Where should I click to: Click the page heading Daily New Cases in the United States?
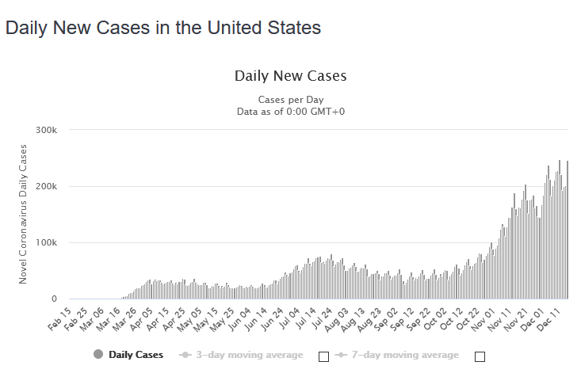(x=162, y=28)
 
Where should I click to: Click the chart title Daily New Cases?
(x=290, y=76)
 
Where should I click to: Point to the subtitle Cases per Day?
(x=290, y=100)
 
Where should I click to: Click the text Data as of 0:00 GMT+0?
(x=290, y=112)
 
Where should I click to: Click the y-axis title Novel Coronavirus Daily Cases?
(x=23, y=214)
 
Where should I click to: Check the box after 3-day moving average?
(x=323, y=356)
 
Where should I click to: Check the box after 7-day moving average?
(x=480, y=356)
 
